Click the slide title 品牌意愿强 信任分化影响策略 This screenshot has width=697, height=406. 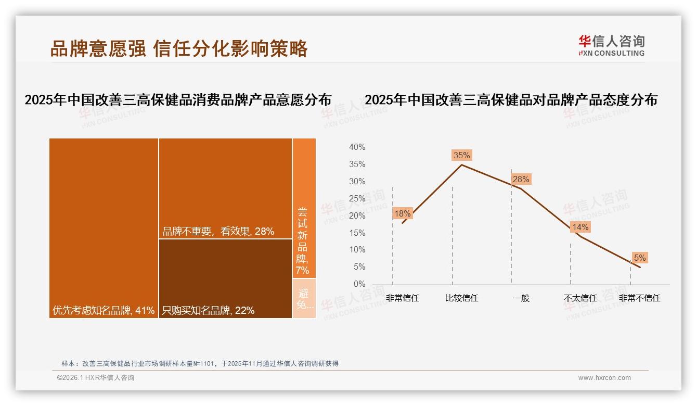click(x=179, y=48)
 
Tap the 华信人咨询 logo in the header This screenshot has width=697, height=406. click(x=611, y=45)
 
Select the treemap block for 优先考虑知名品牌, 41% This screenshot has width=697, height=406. click(x=104, y=228)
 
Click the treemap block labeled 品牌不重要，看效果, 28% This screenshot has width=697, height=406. click(x=225, y=188)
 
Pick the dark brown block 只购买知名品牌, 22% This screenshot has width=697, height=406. click(x=225, y=278)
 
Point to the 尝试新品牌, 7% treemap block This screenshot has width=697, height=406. click(x=304, y=208)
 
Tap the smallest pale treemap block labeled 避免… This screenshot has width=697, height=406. click(x=304, y=298)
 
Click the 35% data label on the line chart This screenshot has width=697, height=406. click(x=461, y=155)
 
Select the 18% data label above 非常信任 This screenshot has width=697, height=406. click(x=402, y=213)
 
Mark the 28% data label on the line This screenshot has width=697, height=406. click(x=521, y=180)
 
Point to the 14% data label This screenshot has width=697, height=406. click(x=580, y=227)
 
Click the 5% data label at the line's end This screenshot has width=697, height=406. click(x=639, y=258)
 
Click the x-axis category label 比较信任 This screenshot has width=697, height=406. click(x=461, y=298)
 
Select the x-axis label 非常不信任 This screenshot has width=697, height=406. click(x=639, y=298)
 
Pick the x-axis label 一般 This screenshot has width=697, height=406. click(x=521, y=298)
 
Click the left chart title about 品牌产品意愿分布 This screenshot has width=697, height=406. click(x=178, y=100)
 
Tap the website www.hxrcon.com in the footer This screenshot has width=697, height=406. click(x=604, y=378)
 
